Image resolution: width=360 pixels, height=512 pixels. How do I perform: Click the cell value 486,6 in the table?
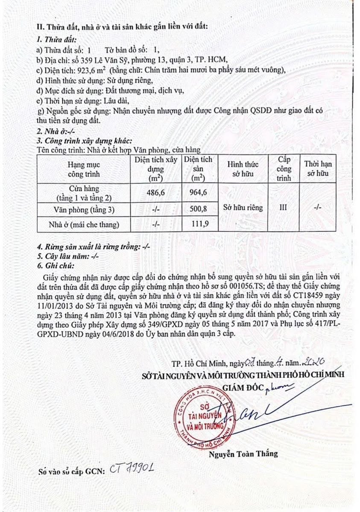pos(155,192)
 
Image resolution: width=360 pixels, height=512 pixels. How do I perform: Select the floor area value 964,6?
pos(198,192)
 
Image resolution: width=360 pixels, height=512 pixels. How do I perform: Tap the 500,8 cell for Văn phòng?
pos(198,209)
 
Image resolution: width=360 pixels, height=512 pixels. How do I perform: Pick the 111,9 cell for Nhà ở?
pos(198,224)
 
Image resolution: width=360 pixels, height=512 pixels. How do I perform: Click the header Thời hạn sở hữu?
pos(316,169)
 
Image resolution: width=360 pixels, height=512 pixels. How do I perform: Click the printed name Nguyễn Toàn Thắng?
pos(243,454)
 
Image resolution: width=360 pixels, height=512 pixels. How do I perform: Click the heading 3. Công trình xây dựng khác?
pos(84,141)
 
